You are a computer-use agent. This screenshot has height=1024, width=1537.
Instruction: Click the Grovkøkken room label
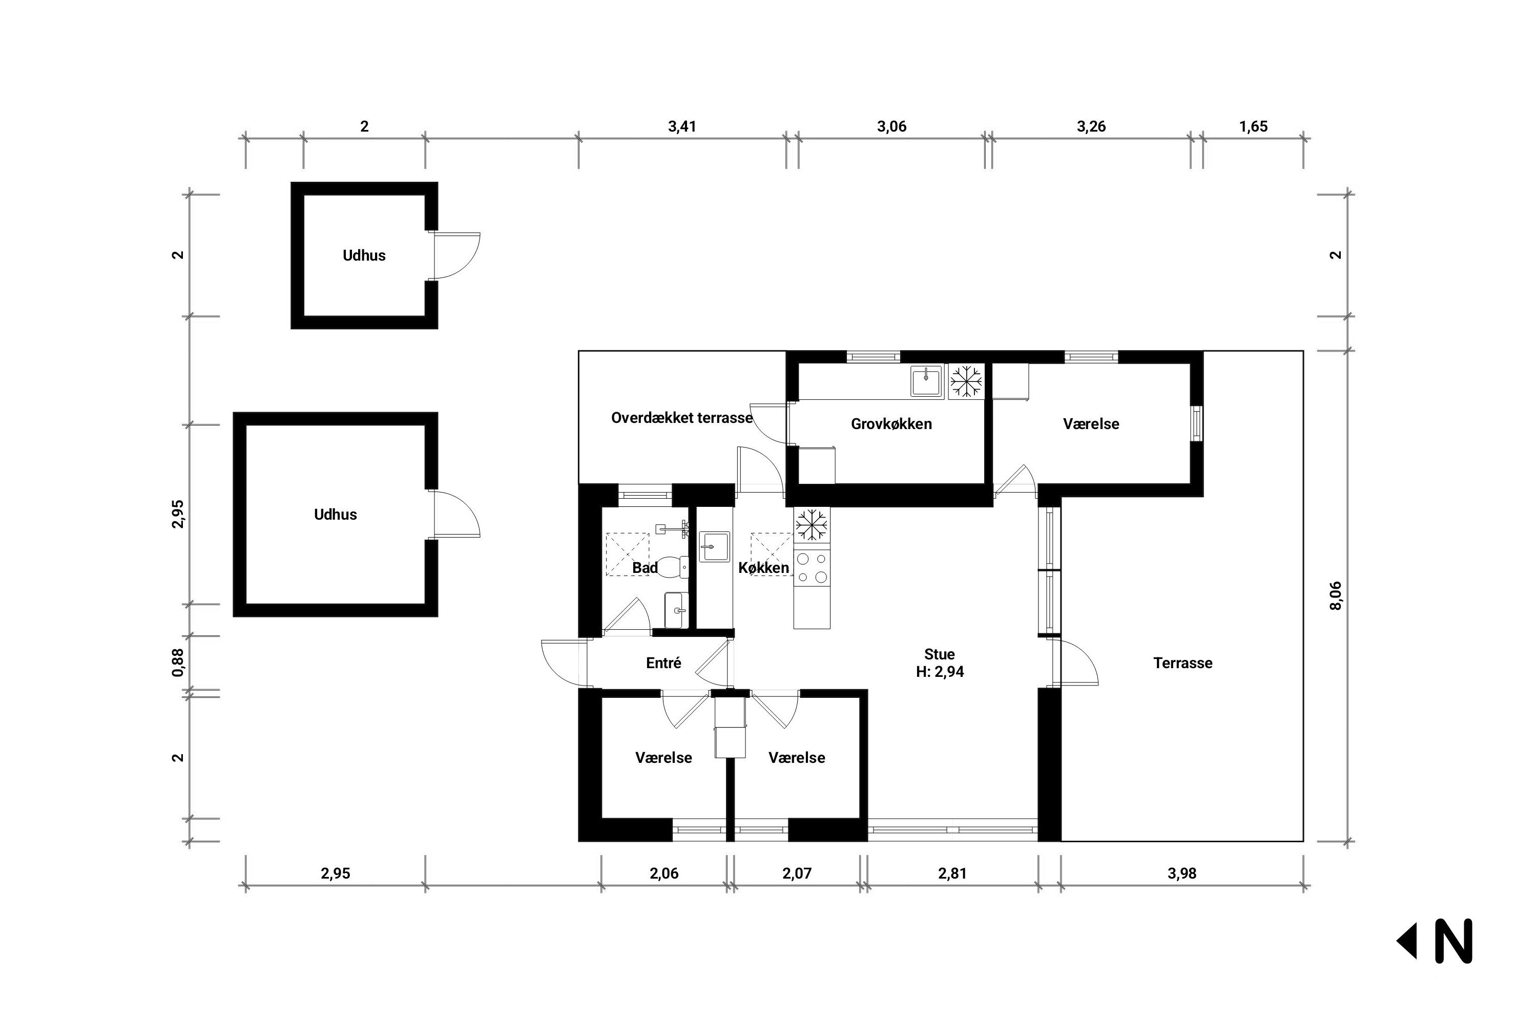point(891,424)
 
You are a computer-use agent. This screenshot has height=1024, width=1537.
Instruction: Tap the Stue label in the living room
point(939,654)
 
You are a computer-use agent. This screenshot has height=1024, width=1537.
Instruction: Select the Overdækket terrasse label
point(681,417)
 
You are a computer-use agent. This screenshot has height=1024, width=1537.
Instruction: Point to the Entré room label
point(663,663)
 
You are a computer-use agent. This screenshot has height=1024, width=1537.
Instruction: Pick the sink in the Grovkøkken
point(927,381)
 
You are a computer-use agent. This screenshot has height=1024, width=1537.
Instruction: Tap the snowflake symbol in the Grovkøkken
point(966,381)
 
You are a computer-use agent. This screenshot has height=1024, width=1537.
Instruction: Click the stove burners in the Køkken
point(812,567)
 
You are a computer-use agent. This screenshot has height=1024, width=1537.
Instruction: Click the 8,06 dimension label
point(1336,595)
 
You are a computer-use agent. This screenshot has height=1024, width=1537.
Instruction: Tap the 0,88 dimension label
point(178,662)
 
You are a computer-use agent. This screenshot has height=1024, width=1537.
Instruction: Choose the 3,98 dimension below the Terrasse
point(1181,873)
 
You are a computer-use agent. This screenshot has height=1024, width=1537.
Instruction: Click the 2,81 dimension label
point(952,873)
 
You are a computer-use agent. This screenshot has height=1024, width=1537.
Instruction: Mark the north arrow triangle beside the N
point(1407,941)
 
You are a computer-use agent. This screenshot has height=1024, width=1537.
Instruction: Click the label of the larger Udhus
point(335,515)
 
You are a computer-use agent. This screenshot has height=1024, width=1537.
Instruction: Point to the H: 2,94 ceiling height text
point(940,672)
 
